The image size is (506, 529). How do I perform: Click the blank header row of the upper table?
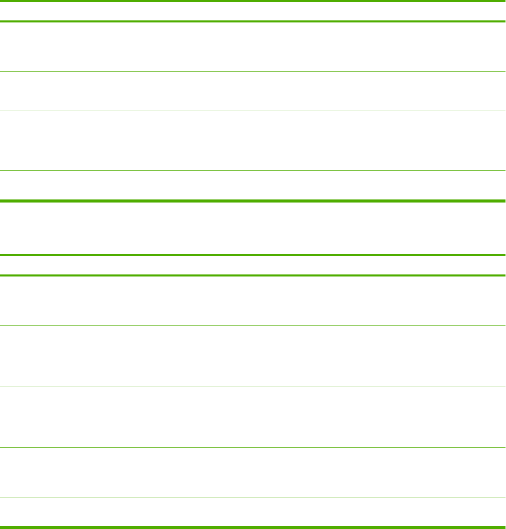(253, 10)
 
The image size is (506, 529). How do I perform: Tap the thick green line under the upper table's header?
(253, 21)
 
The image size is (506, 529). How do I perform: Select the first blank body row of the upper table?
(253, 46)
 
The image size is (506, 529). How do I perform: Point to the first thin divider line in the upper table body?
(253, 71)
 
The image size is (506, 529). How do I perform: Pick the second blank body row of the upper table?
(253, 91)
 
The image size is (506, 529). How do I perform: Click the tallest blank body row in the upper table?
(253, 141)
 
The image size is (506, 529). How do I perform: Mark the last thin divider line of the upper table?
(253, 170)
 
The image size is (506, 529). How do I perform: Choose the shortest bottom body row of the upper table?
(253, 185)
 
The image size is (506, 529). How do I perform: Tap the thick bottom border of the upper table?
(253, 200)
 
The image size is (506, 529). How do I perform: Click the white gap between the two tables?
(253, 228)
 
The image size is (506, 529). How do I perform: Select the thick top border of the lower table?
(253, 255)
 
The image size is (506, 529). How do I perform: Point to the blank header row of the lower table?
(253, 265)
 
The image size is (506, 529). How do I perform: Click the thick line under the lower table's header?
(253, 276)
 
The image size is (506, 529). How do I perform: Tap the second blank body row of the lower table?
(253, 356)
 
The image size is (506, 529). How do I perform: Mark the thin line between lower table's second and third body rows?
(253, 387)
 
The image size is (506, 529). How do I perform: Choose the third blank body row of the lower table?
(253, 417)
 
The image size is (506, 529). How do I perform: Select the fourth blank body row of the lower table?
(253, 472)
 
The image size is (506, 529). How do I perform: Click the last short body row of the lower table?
(253, 511)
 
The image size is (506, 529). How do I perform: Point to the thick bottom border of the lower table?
(253, 526)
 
